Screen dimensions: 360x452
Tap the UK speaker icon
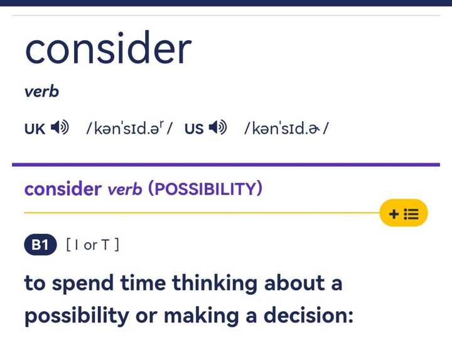(x=60, y=129)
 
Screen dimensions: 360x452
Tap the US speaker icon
(x=218, y=129)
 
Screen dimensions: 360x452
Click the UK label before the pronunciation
(x=35, y=129)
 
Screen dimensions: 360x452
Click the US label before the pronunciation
(x=194, y=129)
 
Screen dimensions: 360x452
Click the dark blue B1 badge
(x=40, y=245)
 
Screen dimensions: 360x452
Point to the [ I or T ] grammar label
(x=92, y=245)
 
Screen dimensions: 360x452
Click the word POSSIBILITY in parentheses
(x=204, y=189)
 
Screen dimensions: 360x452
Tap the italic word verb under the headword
(x=41, y=92)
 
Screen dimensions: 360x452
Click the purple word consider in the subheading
(x=63, y=189)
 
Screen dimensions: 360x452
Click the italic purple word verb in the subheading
(x=124, y=189)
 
